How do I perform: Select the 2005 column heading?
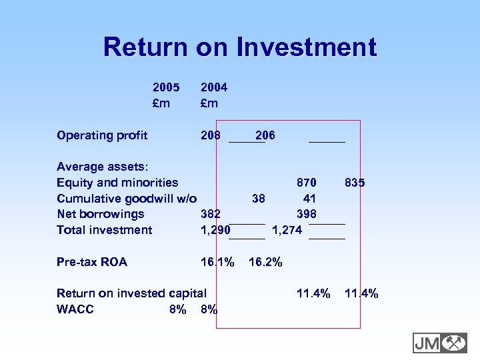(166, 87)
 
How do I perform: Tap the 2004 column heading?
(214, 87)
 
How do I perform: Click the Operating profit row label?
(102, 135)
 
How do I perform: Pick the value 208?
(211, 135)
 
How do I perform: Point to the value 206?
(265, 135)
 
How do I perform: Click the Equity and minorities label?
(117, 183)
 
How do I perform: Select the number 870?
(307, 183)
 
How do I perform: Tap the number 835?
(355, 183)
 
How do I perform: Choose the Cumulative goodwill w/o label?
(127, 199)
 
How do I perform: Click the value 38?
(259, 199)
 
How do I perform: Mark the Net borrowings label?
(101, 214)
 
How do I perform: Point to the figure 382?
(211, 214)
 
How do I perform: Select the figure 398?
(307, 214)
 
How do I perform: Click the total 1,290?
(215, 230)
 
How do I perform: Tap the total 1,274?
(287, 230)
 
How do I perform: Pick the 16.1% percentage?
(217, 262)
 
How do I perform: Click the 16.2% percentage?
(265, 262)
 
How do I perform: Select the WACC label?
(75, 309)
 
